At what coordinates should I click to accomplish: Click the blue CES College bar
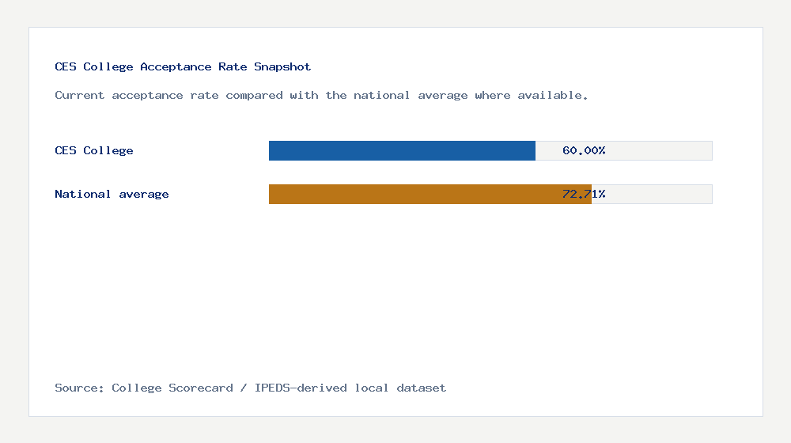pos(402,150)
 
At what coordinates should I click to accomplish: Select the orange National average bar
pos(430,194)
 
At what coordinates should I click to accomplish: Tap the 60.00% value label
pos(584,150)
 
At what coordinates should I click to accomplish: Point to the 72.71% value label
pos(584,194)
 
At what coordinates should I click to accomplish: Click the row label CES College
pos(94,150)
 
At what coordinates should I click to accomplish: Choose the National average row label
pos(112,194)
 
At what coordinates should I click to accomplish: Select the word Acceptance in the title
pos(176,67)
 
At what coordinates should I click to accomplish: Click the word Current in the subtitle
pos(80,96)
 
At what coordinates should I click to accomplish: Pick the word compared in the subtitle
pos(251,96)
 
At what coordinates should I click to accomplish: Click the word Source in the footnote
pos(79,388)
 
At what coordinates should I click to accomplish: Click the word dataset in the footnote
pos(422,388)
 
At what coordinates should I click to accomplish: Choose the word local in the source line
pos(372,388)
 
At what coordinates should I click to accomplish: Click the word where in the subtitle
pos(493,96)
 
